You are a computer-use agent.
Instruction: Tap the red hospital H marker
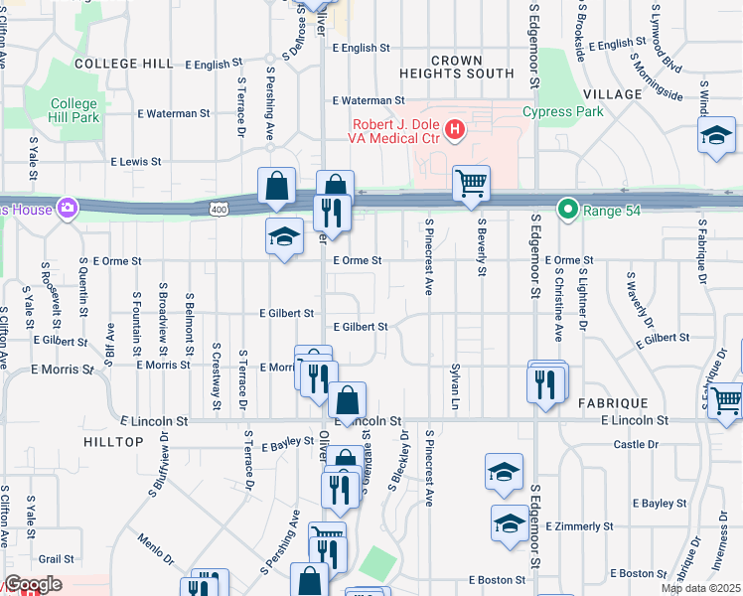click(x=455, y=128)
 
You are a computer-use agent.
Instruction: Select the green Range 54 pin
click(x=567, y=210)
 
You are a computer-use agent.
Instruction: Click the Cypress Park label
click(x=562, y=111)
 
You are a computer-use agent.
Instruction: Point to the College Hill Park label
click(x=74, y=110)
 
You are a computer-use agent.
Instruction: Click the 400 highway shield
click(x=220, y=209)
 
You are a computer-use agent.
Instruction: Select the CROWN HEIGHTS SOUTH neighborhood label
click(x=457, y=67)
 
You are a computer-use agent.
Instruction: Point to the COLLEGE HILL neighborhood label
click(x=123, y=64)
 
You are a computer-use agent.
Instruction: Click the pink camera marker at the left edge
click(x=67, y=208)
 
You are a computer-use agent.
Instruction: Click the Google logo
click(x=32, y=584)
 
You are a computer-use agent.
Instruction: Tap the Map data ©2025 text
click(x=699, y=588)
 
